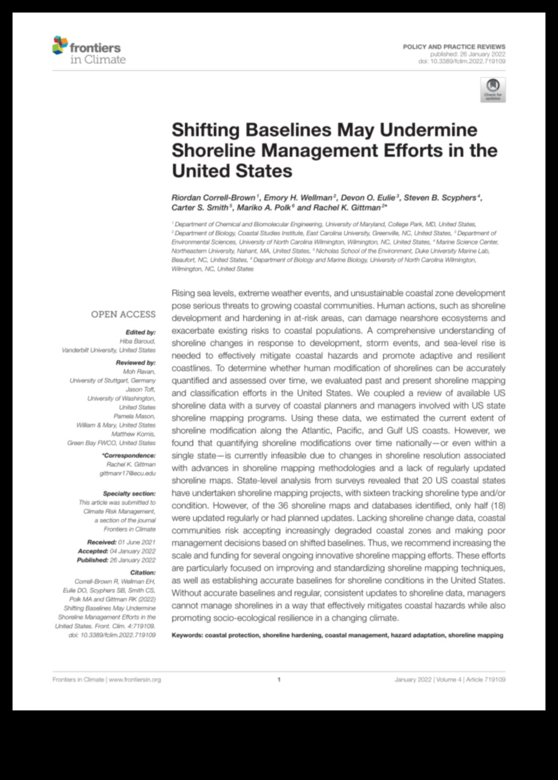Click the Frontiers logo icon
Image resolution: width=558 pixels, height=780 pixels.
(61, 45)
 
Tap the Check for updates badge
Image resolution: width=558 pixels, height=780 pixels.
(492, 90)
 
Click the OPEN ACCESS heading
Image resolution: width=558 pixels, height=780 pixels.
(124, 314)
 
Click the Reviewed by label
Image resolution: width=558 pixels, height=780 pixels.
(136, 362)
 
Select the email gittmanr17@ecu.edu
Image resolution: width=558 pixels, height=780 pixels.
(128, 473)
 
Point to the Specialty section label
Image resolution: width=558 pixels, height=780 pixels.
(130, 493)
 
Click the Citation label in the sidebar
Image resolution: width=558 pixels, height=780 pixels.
(143, 572)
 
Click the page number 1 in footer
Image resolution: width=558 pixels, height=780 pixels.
(278, 679)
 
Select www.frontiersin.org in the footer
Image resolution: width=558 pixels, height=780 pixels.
(135, 679)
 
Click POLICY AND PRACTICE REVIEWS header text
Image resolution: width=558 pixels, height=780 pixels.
(454, 47)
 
